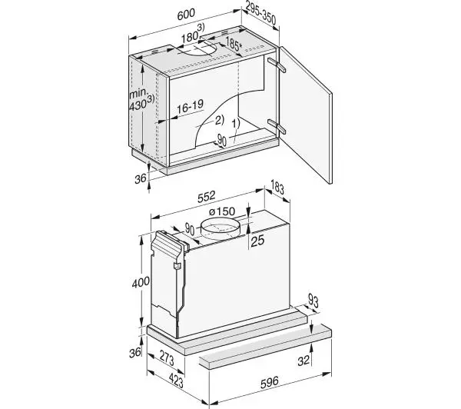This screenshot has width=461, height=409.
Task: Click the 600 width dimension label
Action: point(186,14)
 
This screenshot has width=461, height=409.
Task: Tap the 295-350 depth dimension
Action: point(260,14)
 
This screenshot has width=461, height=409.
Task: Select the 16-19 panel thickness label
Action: point(190,107)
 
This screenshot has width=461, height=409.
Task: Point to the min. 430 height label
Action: point(141,100)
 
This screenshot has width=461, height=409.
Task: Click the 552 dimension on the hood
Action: point(207,197)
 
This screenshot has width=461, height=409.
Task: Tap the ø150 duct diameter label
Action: point(222,211)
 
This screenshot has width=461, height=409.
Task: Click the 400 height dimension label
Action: point(141,283)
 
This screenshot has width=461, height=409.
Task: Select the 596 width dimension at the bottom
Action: point(270,382)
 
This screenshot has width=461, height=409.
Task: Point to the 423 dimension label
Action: point(176,380)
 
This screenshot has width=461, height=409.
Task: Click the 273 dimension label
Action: point(167,357)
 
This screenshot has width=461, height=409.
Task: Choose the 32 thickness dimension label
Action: point(303,360)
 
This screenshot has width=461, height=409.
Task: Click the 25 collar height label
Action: point(258,241)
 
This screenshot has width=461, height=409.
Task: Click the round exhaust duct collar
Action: point(221,230)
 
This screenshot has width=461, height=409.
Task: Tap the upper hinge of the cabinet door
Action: point(277,65)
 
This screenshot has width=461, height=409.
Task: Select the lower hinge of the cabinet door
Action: point(277,126)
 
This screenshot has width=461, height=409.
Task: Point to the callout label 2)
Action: point(220,120)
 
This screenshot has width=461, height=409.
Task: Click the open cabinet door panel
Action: point(306,115)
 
